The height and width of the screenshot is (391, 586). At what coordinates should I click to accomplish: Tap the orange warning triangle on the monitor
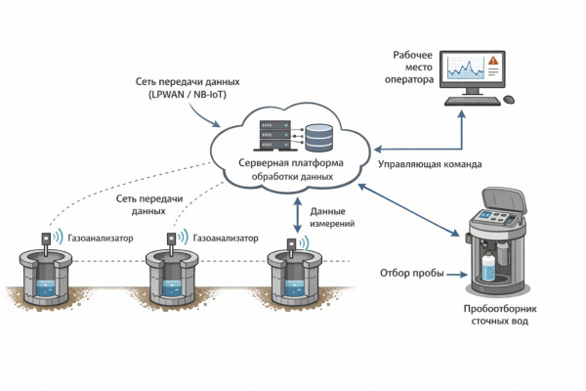(x=494, y=62)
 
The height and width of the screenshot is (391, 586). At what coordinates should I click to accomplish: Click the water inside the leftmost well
(x=44, y=288)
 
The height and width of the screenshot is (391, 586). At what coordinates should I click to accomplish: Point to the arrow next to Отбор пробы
(x=458, y=273)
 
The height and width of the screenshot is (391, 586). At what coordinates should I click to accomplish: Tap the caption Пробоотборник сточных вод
(x=502, y=314)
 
